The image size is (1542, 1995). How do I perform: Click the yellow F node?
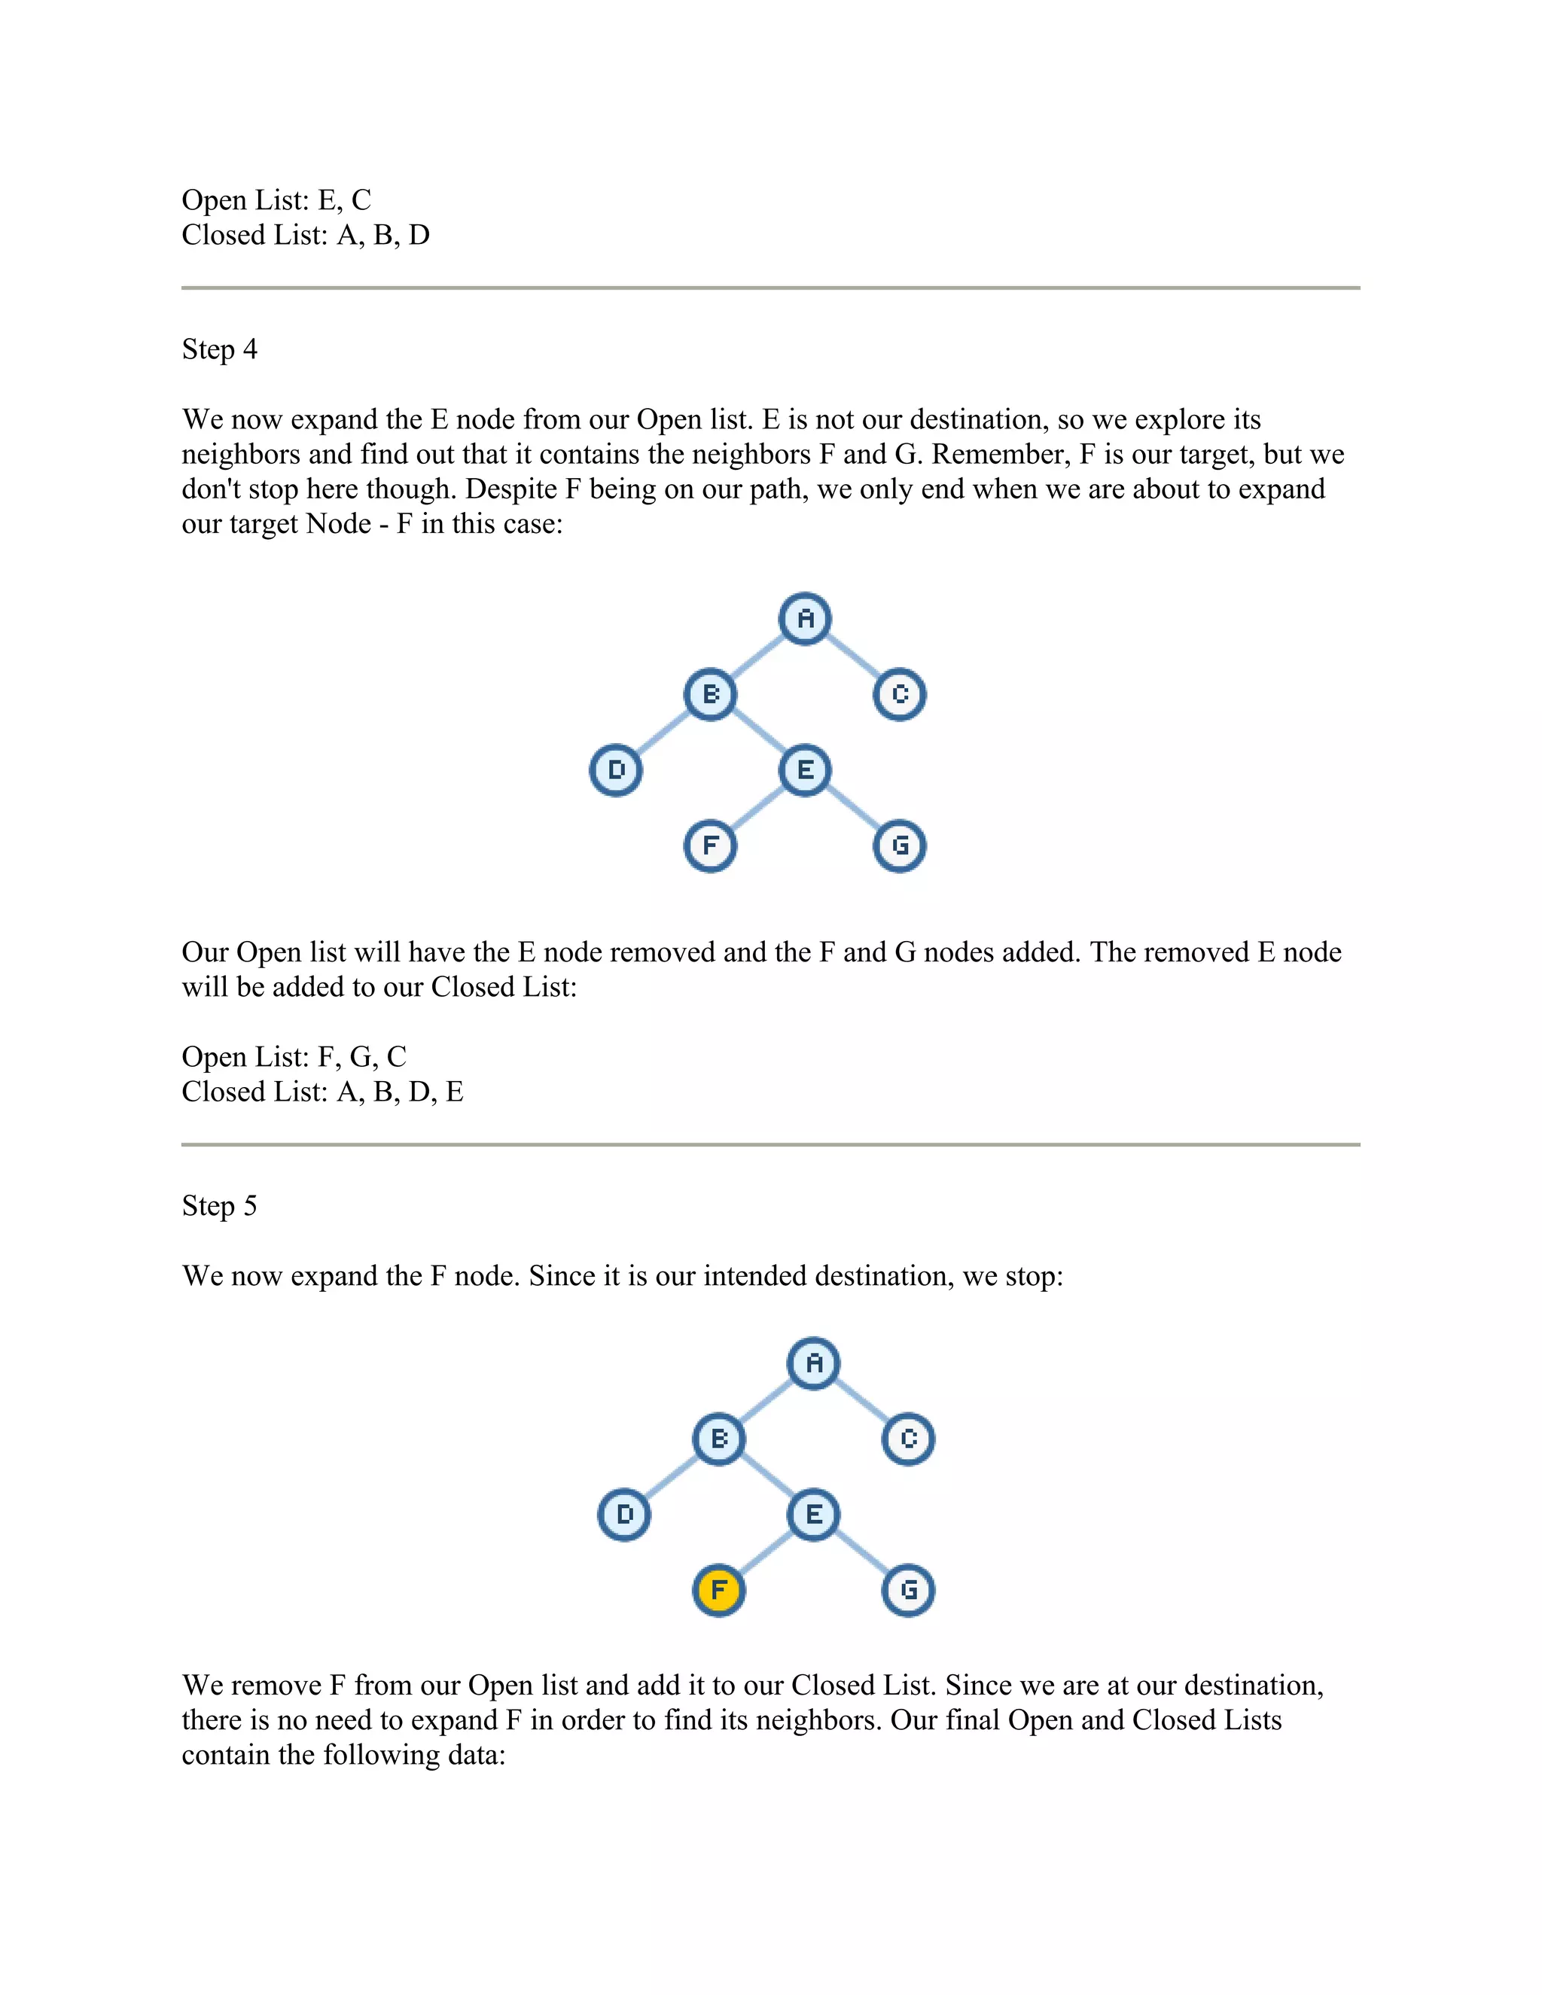719,1590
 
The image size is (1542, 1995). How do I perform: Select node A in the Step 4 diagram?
805,618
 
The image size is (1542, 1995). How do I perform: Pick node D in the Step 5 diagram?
624,1515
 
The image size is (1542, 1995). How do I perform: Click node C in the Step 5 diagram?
908,1439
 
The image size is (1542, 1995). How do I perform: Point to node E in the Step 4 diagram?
805,770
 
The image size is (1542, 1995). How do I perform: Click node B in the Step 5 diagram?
719,1439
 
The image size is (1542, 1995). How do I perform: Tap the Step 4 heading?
219,350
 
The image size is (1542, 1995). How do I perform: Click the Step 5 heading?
219,1206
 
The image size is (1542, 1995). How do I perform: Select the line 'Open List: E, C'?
276,200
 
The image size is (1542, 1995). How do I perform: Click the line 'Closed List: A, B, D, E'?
322,1092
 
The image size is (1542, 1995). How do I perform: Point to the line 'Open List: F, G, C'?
293,1057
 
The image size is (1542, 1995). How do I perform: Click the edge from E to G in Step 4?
853,809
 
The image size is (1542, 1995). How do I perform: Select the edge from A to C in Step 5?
861,1401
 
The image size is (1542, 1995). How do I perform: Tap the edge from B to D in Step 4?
663,733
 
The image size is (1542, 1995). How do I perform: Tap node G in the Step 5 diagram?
908,1590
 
